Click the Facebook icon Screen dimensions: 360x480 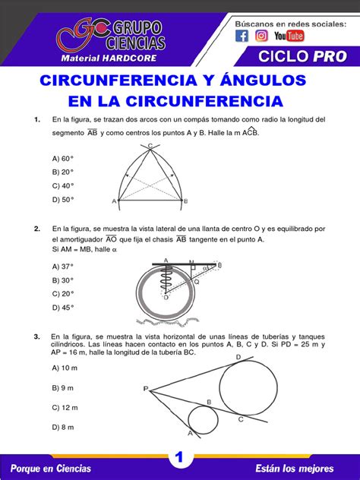pyautogui.click(x=242, y=36)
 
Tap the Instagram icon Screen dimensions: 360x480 pyautogui.click(x=261, y=36)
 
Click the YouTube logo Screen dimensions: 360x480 pyautogui.click(x=289, y=36)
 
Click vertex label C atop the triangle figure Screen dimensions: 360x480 pyautogui.click(x=150, y=145)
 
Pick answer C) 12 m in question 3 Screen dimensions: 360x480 pyautogui.click(x=65, y=407)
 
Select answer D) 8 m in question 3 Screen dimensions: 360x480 pyautogui.click(x=63, y=427)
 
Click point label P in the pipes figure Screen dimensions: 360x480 pyautogui.click(x=145, y=388)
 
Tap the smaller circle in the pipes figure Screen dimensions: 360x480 pyautogui.click(x=203, y=420)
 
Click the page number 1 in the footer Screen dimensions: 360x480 pyautogui.click(x=180, y=457)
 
